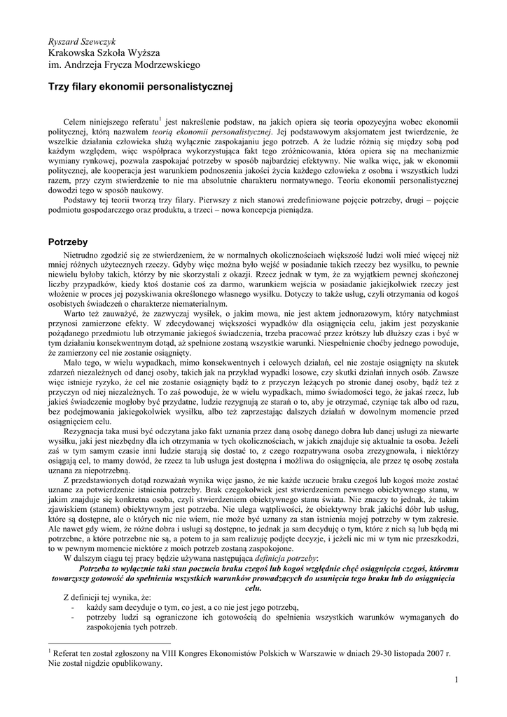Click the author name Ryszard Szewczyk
82,41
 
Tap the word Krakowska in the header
71,53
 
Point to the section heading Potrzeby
67,242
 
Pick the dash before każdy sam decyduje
74,606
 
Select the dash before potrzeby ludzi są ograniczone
74,617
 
